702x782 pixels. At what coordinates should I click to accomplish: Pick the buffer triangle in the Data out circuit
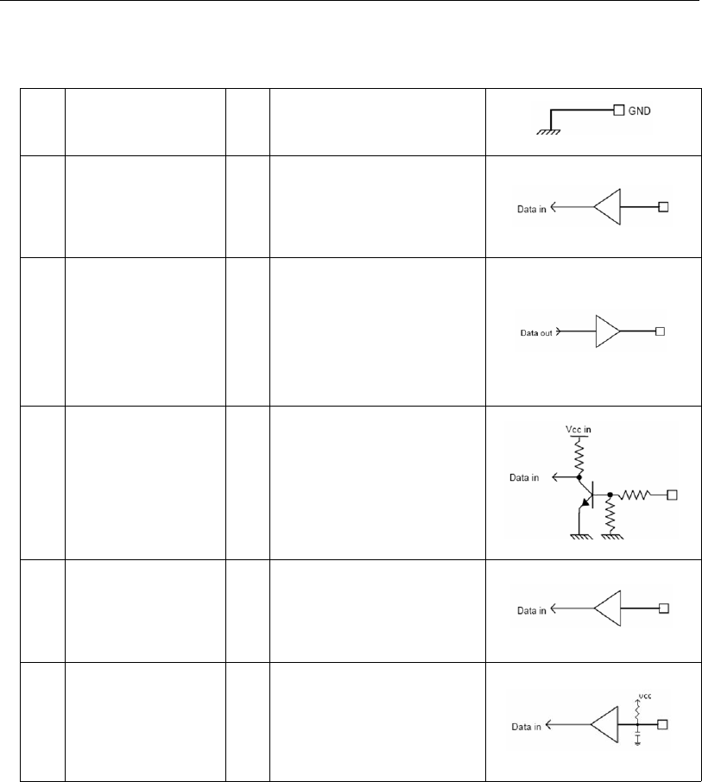pos(608,331)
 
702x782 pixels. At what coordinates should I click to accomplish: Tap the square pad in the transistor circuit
pos(671,495)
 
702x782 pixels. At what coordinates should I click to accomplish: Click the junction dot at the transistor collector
pos(579,476)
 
